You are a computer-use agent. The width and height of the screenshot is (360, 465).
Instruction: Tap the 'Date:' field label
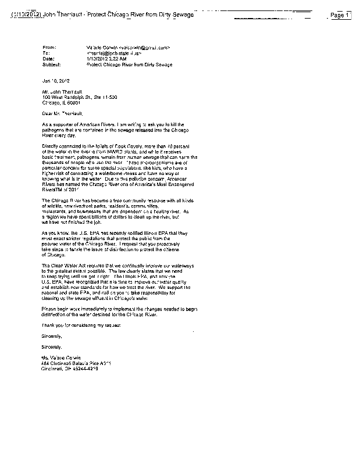click(48, 59)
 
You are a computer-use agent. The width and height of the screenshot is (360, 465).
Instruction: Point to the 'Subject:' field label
click(51, 65)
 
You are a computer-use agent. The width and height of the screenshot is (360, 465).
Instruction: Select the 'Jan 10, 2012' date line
click(55, 81)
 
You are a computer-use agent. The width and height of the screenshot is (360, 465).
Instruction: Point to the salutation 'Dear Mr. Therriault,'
click(67, 114)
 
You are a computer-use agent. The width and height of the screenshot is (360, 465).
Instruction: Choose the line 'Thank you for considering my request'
click(81, 324)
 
